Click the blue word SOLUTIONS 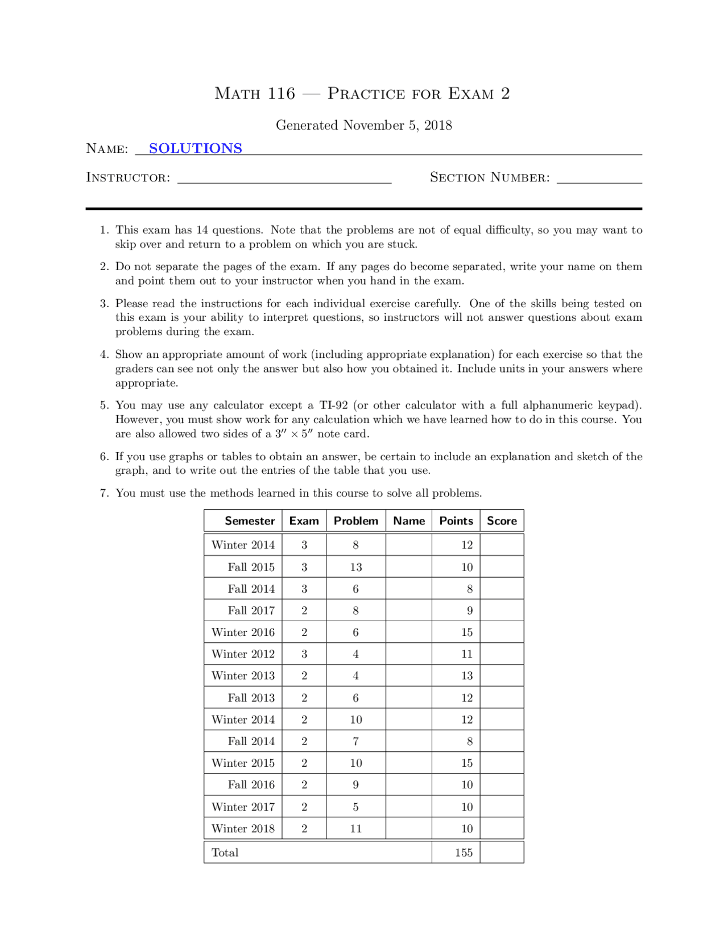(195, 148)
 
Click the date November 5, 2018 (397, 125)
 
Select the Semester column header (249, 520)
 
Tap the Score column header (502, 520)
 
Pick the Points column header (456, 520)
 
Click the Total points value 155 (464, 852)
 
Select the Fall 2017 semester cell (251, 610)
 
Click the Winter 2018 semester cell (243, 828)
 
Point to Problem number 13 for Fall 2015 (355, 567)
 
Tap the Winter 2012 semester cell (243, 654)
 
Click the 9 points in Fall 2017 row (469, 610)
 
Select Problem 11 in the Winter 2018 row (355, 828)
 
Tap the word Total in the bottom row (225, 852)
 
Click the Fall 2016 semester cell (251, 785)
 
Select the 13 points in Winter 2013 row (466, 676)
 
